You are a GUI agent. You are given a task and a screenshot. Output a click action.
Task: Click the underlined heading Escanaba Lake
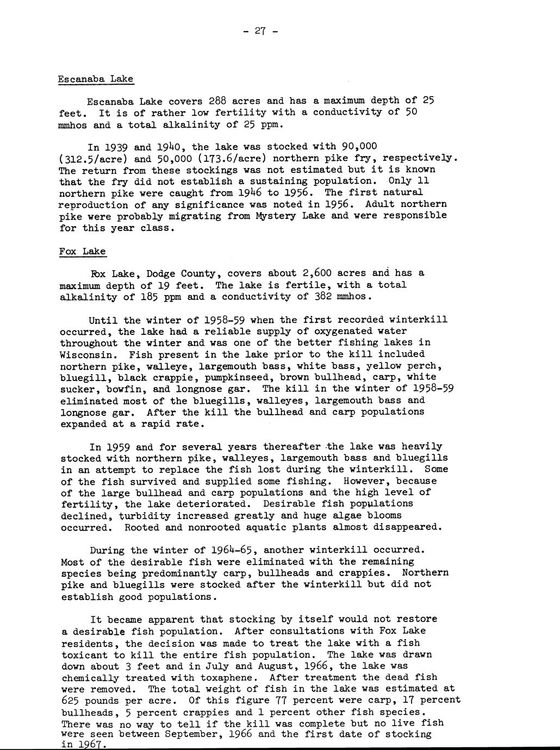point(96,79)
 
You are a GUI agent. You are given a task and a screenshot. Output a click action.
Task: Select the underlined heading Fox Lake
point(83,252)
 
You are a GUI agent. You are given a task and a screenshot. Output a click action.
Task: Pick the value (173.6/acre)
point(226,159)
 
